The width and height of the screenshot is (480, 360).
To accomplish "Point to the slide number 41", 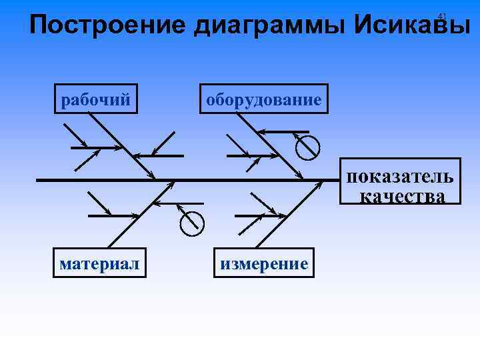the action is pyautogui.click(x=441, y=15).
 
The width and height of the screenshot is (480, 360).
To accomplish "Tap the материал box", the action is pyautogui.click(x=100, y=263).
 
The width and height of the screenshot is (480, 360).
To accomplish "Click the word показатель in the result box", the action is pyautogui.click(x=400, y=177).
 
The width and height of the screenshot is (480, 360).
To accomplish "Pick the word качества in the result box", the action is pyautogui.click(x=402, y=195).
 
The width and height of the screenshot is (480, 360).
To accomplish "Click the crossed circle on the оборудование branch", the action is pyautogui.click(x=308, y=147).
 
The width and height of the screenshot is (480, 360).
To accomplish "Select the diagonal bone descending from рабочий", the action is pyautogui.click(x=120, y=144).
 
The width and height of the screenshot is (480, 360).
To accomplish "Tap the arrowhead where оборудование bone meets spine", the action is pyautogui.click(x=300, y=177).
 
